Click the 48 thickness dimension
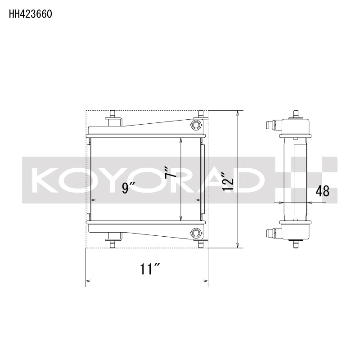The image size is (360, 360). pyautogui.click(x=322, y=191)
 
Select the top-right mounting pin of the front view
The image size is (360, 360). pyautogui.click(x=201, y=113)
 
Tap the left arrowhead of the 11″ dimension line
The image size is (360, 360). pyautogui.click(x=87, y=282)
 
